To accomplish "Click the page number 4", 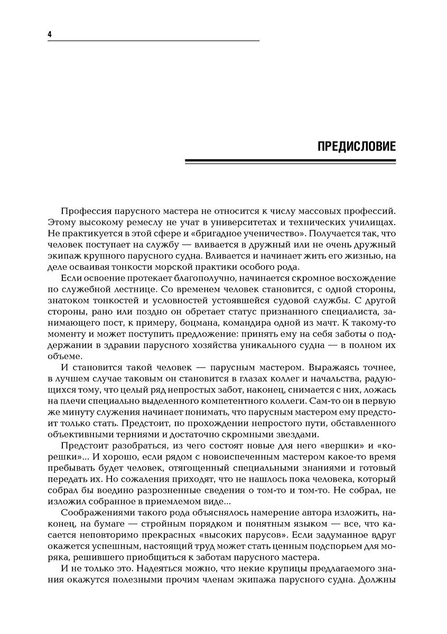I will tap(49, 34).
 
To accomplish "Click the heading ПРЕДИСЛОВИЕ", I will tap(356, 146).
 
